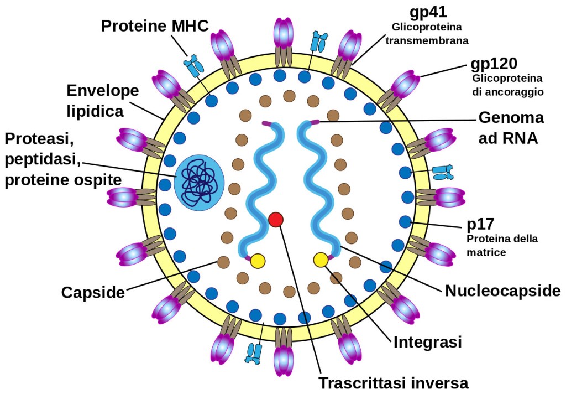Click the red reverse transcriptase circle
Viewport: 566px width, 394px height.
coord(275,220)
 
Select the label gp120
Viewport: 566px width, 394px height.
coord(494,64)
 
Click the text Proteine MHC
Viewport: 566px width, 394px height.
coord(154,25)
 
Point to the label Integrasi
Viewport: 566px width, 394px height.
coord(427,342)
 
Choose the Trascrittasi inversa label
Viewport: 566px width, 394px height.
coord(394,382)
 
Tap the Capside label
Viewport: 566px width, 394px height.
coord(93,292)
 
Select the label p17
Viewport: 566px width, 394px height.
coord(480,225)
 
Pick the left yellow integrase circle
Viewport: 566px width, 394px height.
coord(258,260)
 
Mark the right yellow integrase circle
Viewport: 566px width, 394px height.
coord(321,259)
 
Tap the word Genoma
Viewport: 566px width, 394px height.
coord(511,117)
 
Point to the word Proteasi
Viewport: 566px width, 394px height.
coord(38,137)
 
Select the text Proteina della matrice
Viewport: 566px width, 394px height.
coord(502,245)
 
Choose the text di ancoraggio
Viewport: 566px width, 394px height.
coord(509,92)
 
